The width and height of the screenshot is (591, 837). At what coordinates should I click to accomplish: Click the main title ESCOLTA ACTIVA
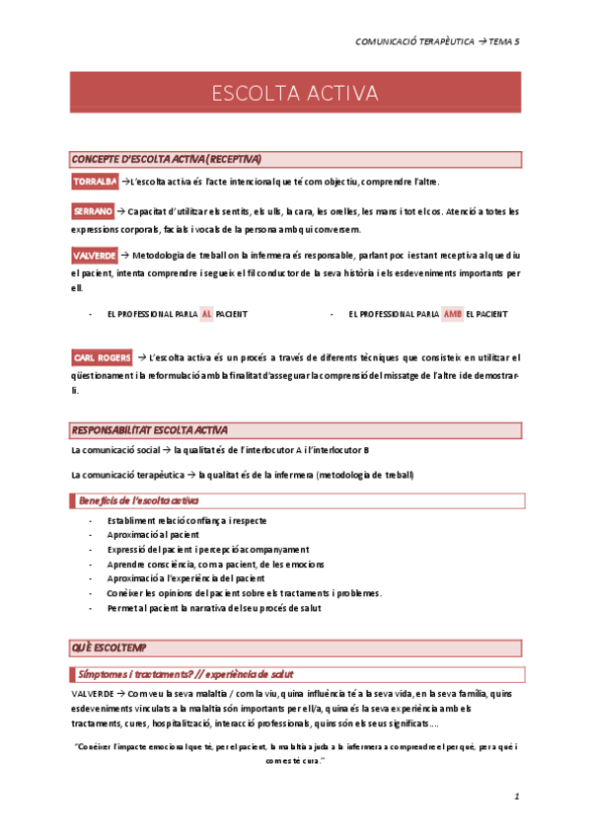click(295, 94)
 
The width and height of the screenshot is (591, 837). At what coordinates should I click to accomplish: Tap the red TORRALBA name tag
click(95, 182)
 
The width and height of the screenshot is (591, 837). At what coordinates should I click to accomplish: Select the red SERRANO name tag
click(92, 211)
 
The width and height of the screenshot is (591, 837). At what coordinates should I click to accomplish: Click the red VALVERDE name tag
click(95, 254)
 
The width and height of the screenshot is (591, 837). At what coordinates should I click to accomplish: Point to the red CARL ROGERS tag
click(101, 357)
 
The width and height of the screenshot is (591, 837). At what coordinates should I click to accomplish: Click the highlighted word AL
click(206, 314)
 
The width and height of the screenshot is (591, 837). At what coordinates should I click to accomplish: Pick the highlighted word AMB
click(452, 314)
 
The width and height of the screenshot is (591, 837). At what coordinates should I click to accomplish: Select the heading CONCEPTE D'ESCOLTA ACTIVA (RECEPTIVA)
click(166, 159)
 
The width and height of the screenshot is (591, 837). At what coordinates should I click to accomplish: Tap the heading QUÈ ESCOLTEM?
click(109, 647)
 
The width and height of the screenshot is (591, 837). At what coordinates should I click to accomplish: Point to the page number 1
click(516, 795)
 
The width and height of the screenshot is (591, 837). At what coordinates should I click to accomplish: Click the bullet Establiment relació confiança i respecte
click(186, 520)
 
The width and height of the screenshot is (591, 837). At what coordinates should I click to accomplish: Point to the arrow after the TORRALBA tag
click(125, 182)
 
